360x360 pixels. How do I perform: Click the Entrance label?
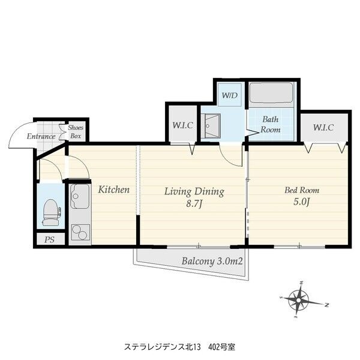point(41,136)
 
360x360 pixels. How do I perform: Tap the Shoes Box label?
point(75,132)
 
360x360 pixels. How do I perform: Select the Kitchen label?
point(114,190)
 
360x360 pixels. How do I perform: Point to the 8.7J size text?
point(194,205)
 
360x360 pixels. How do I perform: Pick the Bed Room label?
point(298,190)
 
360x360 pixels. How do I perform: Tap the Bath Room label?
point(271,124)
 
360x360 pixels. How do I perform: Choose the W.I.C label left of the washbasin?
point(182,126)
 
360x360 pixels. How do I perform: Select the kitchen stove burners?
point(79,231)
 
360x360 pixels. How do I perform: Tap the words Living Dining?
point(194,192)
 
